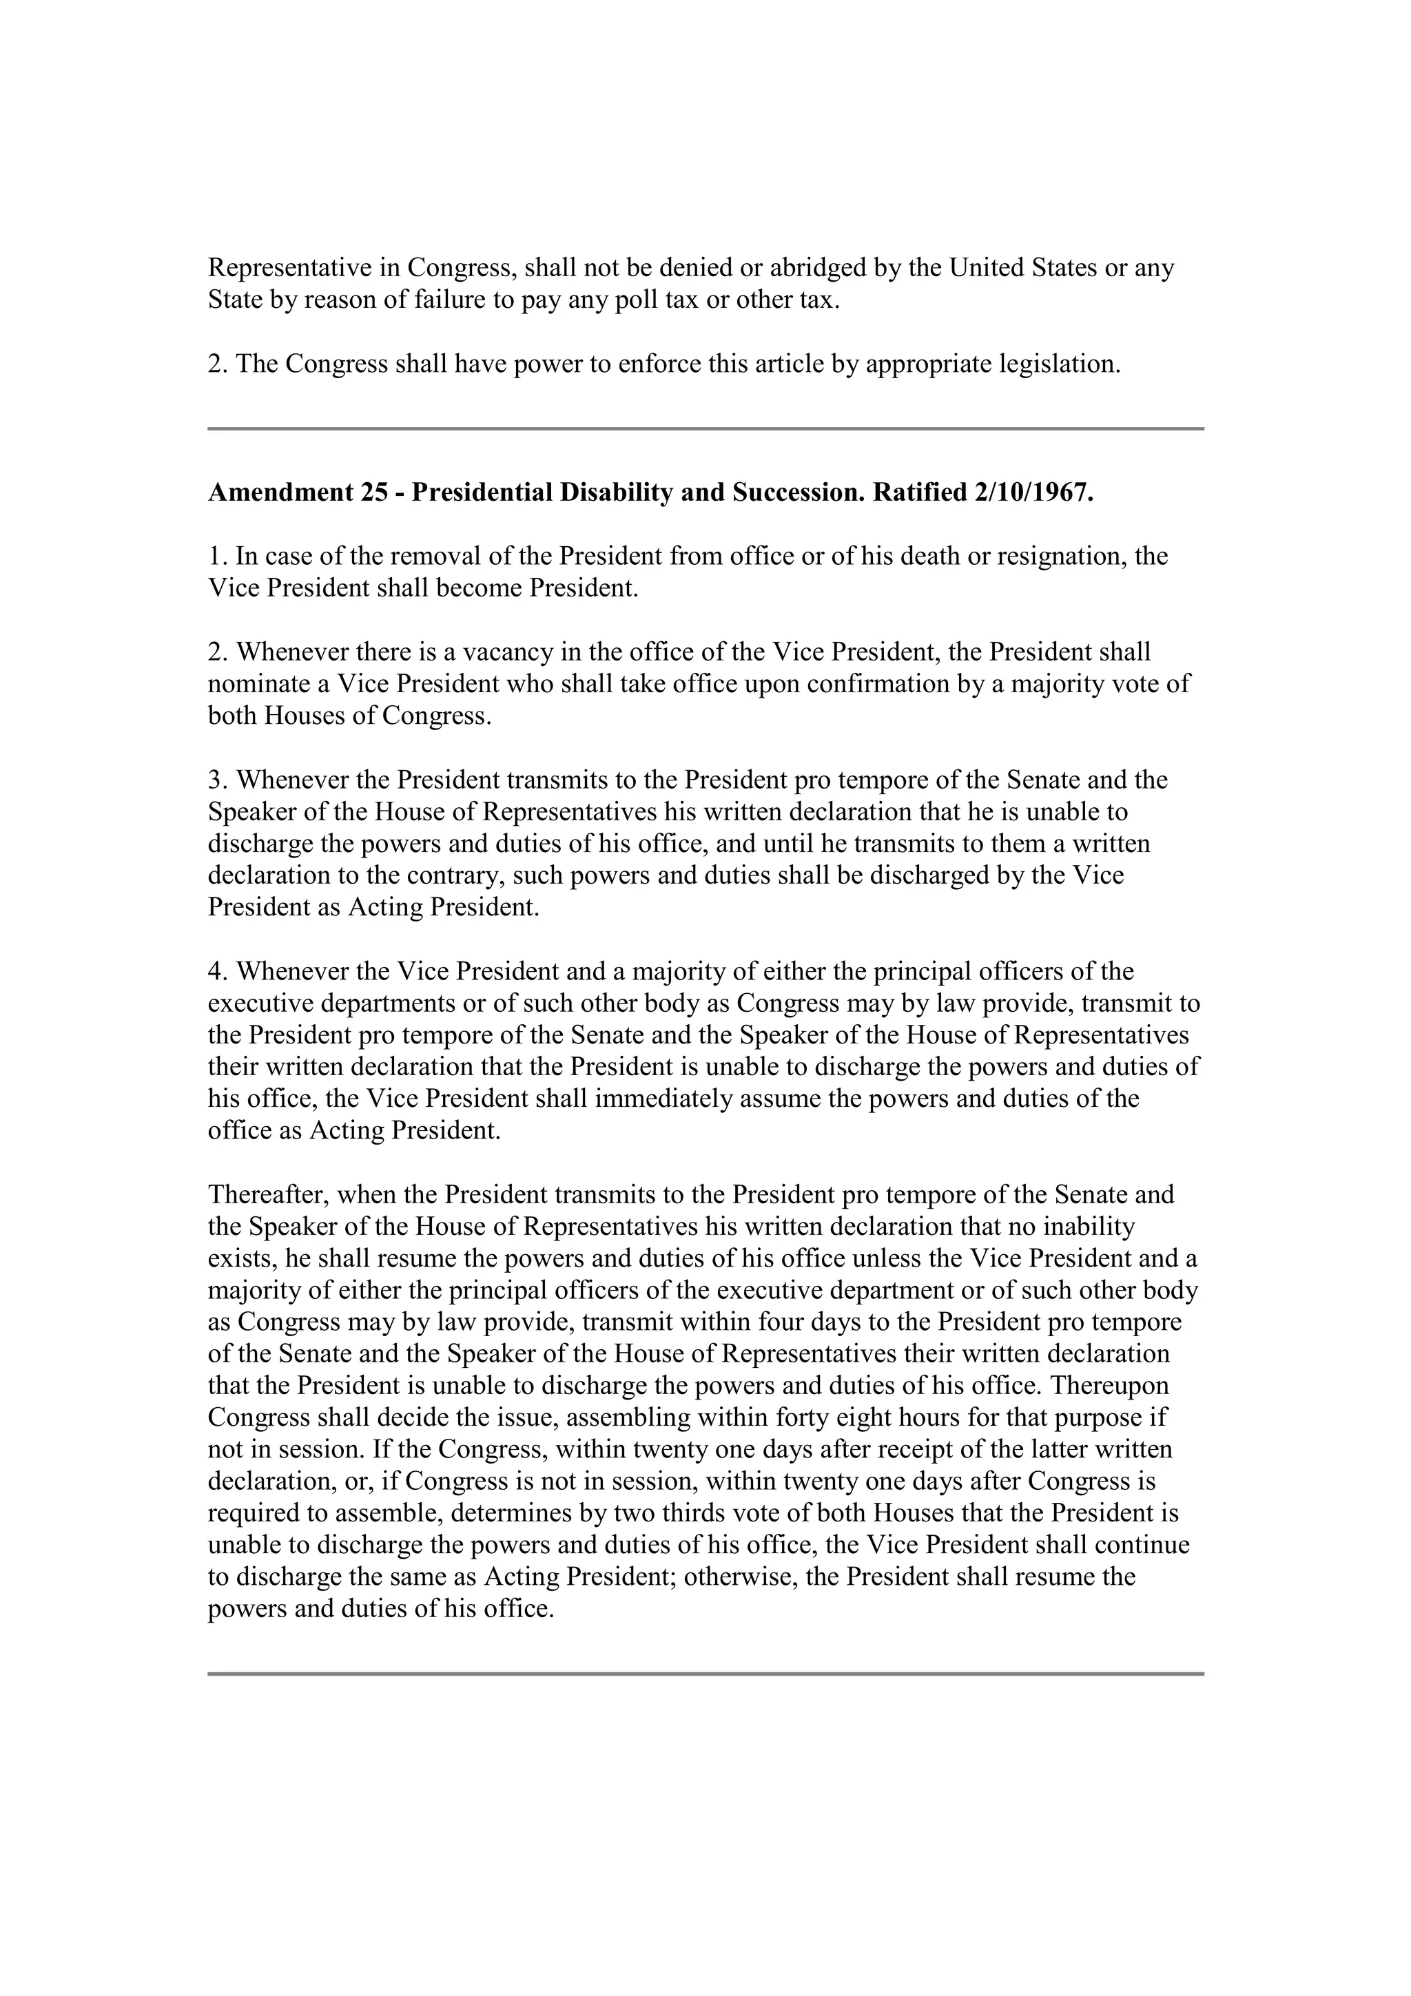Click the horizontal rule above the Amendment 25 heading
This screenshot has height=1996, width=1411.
click(705, 428)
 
